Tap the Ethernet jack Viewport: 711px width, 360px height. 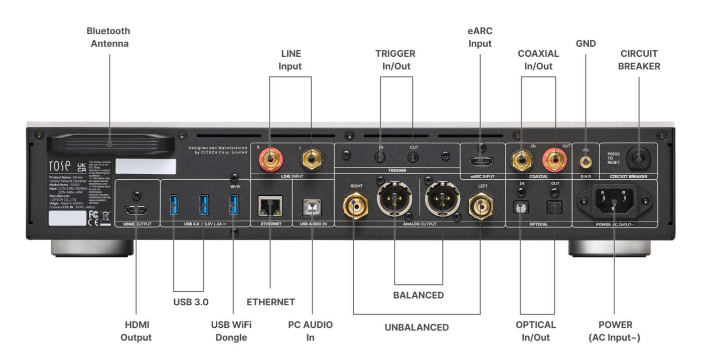(270, 205)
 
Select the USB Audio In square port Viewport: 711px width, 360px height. (312, 206)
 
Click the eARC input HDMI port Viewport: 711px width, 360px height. (482, 162)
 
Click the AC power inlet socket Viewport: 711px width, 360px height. (614, 201)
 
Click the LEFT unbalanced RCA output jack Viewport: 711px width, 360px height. (480, 204)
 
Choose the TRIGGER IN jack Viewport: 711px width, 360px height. (381, 157)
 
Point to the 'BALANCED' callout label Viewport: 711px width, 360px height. (418, 295)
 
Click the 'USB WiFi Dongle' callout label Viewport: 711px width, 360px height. (231, 331)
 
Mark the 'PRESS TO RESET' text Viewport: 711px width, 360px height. (613, 158)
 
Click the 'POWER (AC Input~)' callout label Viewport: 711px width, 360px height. (615, 331)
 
